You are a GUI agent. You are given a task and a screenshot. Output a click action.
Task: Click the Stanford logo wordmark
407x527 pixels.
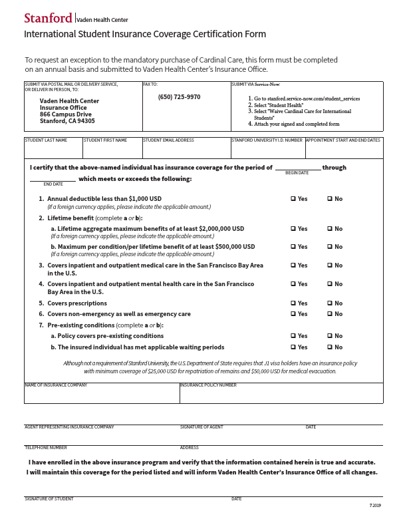click(48, 18)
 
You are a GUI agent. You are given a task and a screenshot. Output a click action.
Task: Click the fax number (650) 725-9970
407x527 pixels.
click(179, 97)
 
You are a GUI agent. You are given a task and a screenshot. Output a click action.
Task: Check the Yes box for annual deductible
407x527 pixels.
click(293, 199)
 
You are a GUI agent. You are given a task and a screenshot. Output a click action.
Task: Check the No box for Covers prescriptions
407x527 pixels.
click(330, 303)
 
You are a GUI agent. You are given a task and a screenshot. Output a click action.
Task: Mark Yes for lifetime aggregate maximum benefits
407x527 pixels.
click(293, 229)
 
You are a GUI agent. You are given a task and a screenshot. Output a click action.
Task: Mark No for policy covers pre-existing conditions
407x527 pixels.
click(330, 336)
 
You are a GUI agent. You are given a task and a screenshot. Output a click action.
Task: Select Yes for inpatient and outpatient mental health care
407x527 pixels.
click(293, 284)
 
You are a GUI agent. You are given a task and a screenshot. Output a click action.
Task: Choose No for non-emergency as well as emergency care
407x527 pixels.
click(330, 314)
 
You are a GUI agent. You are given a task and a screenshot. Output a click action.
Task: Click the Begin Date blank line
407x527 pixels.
click(298, 167)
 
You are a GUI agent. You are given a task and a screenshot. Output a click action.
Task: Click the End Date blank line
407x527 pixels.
click(53, 178)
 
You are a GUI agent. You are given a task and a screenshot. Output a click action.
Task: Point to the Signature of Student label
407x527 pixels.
click(49, 499)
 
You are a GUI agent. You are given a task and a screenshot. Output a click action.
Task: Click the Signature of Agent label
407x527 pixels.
click(202, 427)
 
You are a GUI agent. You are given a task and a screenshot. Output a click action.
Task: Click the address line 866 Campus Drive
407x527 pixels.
click(66, 114)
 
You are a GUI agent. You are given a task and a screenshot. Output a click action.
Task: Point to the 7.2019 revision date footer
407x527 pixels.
click(375, 506)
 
